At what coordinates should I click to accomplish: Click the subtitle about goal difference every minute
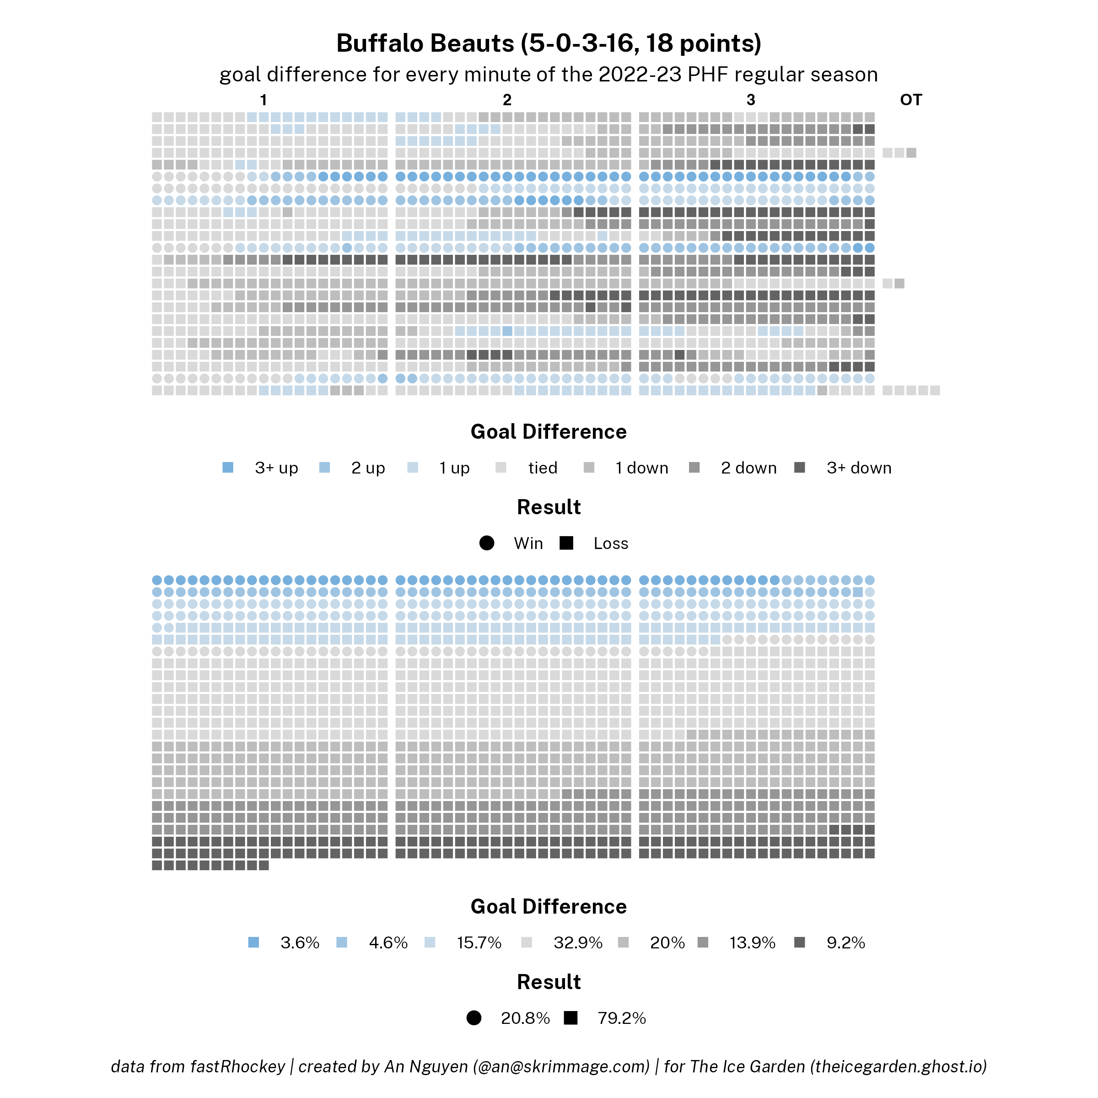point(549,75)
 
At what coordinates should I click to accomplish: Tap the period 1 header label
point(263,100)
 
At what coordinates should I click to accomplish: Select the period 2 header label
point(507,100)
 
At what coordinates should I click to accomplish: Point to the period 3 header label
point(751,100)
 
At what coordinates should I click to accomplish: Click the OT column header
point(910,100)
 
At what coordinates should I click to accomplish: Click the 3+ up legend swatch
point(228,468)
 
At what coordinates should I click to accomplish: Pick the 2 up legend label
point(368,468)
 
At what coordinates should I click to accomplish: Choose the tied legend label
point(542,468)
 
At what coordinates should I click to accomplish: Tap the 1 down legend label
point(641,468)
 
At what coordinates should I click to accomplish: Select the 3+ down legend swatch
point(800,468)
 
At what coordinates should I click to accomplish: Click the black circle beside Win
point(486,544)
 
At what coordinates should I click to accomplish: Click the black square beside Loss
point(566,544)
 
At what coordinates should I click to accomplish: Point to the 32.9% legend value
point(577,943)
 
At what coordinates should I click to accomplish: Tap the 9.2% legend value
point(845,943)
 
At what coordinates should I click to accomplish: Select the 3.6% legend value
point(300,943)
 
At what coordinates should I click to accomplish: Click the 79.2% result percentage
point(621,1018)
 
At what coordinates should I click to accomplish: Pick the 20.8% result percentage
point(525,1018)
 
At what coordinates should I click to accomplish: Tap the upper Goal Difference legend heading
point(549,432)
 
